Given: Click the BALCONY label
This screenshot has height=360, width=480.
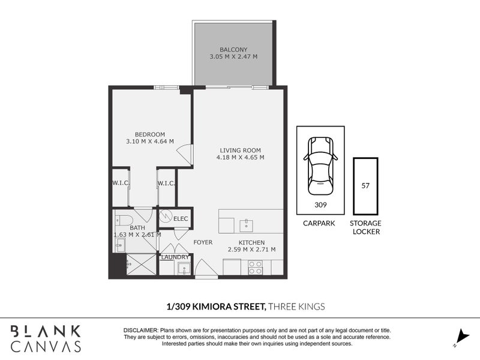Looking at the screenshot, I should (x=233, y=49).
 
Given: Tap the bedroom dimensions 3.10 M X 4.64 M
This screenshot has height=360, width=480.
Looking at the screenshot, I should (x=149, y=142).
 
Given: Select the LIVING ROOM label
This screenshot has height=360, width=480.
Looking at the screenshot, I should (x=241, y=150).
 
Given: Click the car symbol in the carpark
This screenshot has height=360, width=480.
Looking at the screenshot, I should (x=320, y=166).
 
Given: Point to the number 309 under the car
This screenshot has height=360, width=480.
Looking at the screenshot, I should (x=320, y=204).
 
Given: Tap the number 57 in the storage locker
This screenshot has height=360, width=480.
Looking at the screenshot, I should (x=365, y=185).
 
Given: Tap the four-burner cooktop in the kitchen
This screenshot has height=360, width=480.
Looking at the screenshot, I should (x=256, y=267).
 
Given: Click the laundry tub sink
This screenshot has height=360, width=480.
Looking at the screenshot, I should (x=183, y=268).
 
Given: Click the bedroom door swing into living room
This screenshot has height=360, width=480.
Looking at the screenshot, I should (x=185, y=155).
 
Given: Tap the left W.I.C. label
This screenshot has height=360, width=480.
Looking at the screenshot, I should (x=121, y=183).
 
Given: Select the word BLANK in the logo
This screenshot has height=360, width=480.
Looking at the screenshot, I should (x=46, y=331).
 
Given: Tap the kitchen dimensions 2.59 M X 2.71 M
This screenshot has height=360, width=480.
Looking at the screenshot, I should (x=251, y=249).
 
